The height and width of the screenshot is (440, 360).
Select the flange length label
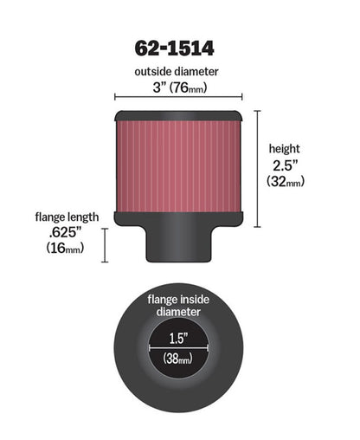[x=67, y=217]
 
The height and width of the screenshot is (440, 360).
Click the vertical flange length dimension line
[x=106, y=244]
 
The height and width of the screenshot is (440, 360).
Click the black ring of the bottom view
[x=130, y=364]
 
